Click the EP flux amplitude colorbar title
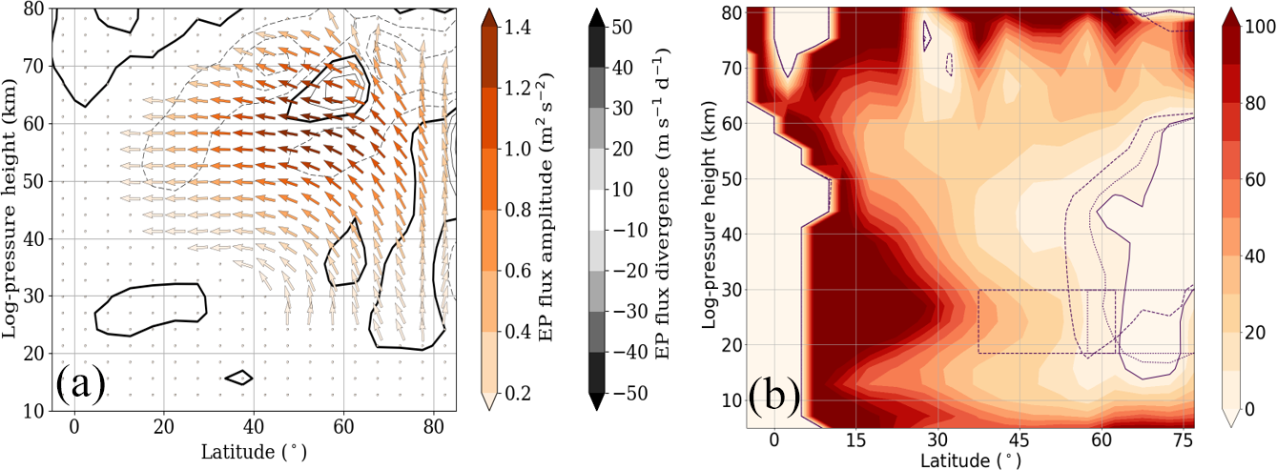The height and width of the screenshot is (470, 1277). (547, 210)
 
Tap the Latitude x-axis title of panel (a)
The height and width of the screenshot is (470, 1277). (255, 448)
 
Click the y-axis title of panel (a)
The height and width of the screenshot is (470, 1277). (13, 210)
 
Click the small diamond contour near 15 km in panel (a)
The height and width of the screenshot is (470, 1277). (238, 377)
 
